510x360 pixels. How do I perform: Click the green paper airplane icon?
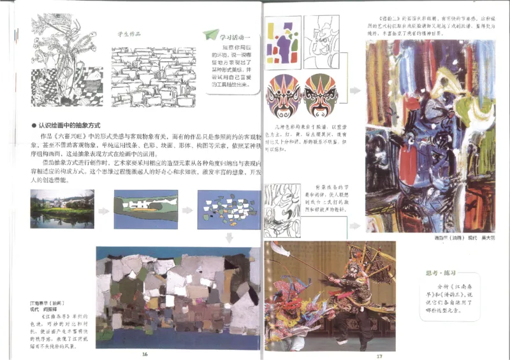210,35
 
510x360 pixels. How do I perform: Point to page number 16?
145,354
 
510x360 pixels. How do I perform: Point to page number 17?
379,356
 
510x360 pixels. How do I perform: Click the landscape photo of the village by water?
62,209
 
